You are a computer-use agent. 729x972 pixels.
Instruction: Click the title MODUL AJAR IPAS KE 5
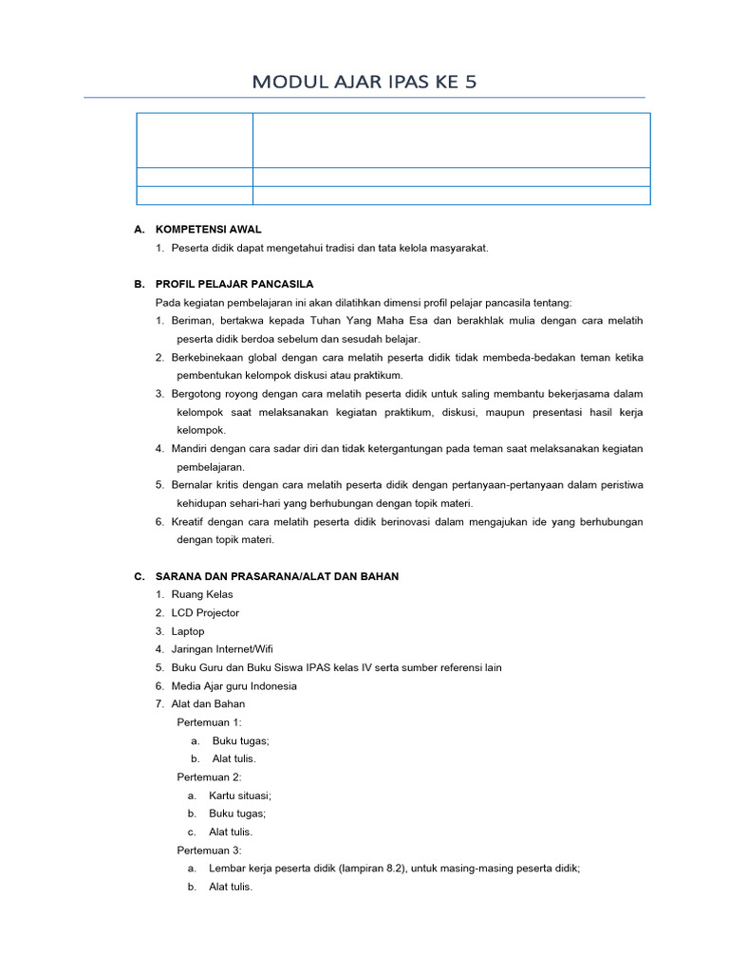364,82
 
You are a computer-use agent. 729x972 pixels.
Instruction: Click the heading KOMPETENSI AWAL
208,230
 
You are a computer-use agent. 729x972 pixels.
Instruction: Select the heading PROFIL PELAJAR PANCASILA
234,284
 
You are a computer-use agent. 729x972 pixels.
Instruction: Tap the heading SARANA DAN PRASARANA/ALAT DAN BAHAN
277,576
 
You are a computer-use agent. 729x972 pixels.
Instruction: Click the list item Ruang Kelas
202,594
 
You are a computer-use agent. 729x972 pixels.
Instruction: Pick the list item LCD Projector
205,613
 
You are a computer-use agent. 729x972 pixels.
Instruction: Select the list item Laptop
188,631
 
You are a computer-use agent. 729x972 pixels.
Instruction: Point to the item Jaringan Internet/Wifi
222,649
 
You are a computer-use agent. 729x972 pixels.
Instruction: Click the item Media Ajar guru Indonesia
234,686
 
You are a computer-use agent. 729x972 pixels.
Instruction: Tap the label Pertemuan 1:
210,722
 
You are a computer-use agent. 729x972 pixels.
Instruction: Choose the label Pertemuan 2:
210,776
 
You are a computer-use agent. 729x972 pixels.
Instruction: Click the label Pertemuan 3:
210,850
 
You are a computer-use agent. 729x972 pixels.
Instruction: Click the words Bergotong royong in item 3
215,393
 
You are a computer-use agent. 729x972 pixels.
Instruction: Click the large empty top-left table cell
195,140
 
